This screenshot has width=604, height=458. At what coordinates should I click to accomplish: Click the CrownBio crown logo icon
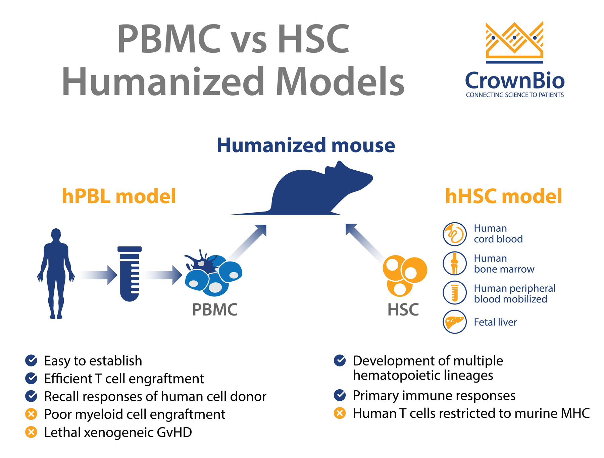click(x=514, y=42)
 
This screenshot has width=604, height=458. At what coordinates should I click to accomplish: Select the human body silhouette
click(x=56, y=273)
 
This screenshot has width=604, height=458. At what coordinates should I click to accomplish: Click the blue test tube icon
click(x=130, y=274)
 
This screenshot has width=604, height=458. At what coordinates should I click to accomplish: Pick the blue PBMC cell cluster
click(x=213, y=273)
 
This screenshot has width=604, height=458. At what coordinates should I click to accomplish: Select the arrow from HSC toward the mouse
click(x=365, y=242)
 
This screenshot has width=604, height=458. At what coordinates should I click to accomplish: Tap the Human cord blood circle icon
click(x=455, y=234)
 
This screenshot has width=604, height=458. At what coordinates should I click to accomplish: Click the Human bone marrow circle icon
click(x=455, y=264)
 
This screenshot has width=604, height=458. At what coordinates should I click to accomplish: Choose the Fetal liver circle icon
click(x=455, y=322)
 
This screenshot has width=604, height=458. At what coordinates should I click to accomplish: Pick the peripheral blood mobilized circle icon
click(x=455, y=293)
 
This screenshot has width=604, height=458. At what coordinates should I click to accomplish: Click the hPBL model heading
click(x=119, y=196)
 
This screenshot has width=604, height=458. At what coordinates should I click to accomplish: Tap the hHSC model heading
click(x=503, y=196)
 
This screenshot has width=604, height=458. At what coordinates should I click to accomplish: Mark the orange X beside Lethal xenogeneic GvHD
click(x=31, y=432)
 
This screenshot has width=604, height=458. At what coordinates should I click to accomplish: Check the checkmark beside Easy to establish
click(x=31, y=360)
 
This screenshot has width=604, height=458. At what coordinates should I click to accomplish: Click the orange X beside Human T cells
click(x=340, y=413)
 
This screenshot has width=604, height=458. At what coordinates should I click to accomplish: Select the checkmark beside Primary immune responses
click(x=340, y=395)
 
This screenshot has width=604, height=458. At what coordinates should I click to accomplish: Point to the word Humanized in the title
click(x=163, y=82)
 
